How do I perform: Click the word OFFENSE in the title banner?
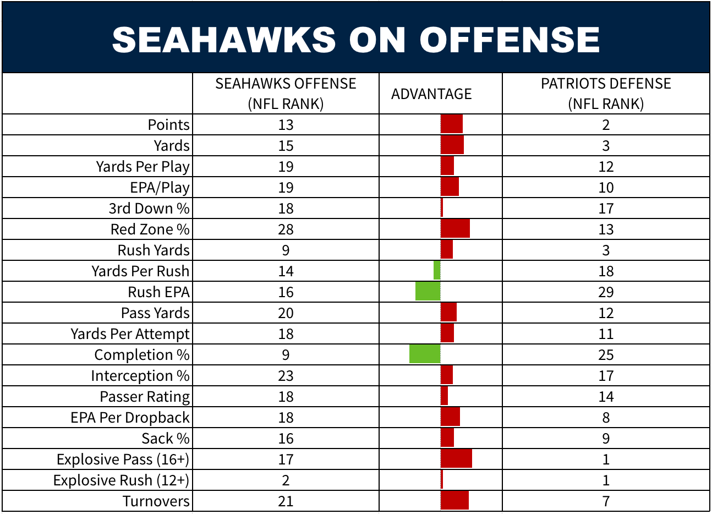tap(510, 40)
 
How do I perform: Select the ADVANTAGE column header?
tap(431, 94)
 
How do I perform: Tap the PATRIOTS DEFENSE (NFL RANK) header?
tap(606, 94)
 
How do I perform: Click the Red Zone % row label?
tap(150, 229)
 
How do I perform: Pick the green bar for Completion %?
tap(425, 354)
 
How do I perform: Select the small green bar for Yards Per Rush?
tap(437, 271)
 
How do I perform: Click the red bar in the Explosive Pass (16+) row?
tap(456, 459)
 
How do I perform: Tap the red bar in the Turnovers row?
tap(454, 501)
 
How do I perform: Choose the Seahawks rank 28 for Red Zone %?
tap(286, 229)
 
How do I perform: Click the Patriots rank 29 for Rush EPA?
tap(606, 292)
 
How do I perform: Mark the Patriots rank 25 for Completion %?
tap(606, 354)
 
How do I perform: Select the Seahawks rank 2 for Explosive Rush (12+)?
tap(286, 480)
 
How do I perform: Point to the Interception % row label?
tap(140, 375)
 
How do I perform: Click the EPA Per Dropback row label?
tap(130, 417)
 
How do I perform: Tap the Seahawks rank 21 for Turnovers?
tap(286, 501)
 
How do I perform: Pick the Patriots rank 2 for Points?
tap(606, 124)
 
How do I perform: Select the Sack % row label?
tap(165, 438)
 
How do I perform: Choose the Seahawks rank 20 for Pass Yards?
tap(286, 313)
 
